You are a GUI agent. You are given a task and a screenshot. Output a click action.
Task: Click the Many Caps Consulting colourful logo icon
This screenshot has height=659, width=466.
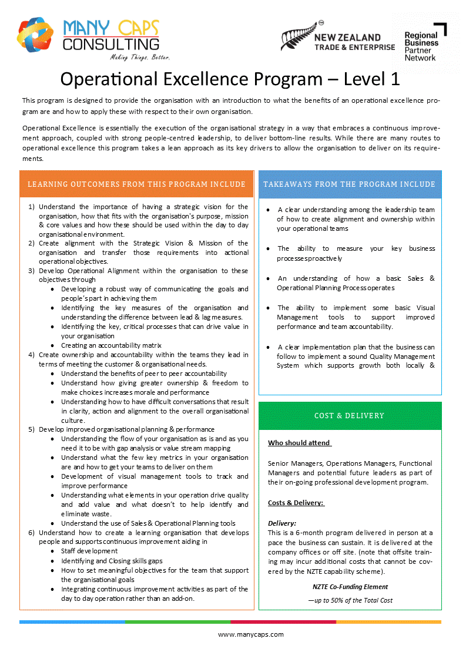pos(37,38)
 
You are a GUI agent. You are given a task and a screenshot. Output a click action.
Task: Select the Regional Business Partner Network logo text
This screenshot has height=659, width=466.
pos(421,46)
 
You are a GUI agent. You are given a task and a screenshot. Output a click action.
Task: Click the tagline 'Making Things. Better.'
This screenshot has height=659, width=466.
pos(140,58)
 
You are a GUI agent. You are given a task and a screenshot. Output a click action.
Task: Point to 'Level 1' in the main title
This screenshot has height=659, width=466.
pos(372,79)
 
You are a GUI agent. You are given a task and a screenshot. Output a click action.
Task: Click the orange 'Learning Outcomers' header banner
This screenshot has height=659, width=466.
pos(136,184)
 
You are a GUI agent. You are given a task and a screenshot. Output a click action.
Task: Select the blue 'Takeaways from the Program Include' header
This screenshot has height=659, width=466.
pos(350,184)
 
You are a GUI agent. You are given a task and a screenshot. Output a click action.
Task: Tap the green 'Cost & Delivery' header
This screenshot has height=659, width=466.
pos(350,416)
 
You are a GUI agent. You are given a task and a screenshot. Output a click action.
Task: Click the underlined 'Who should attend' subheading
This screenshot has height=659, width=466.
pos(299,443)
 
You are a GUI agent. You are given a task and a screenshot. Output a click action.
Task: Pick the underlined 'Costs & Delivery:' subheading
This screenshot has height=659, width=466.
pos(296,503)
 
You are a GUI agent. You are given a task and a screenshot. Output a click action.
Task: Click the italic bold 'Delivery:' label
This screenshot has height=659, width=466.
pos(282,523)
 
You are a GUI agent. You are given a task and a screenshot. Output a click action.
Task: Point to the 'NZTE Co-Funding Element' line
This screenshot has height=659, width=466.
pos(350,586)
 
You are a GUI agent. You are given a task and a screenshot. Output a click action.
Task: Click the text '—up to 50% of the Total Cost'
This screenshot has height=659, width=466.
pos(350,600)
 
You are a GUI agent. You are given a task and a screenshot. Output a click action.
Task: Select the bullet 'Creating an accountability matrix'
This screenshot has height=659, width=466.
pos(111,345)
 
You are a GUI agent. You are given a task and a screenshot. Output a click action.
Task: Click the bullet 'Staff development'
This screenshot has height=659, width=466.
pos(89,551)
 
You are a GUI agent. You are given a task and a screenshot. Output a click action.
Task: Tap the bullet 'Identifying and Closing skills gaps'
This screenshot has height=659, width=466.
pos(112,561)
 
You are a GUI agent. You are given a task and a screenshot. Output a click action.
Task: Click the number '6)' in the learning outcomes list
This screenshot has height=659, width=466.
pos(32,532)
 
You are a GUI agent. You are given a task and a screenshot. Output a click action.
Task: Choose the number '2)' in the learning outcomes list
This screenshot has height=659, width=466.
pos(32,243)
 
